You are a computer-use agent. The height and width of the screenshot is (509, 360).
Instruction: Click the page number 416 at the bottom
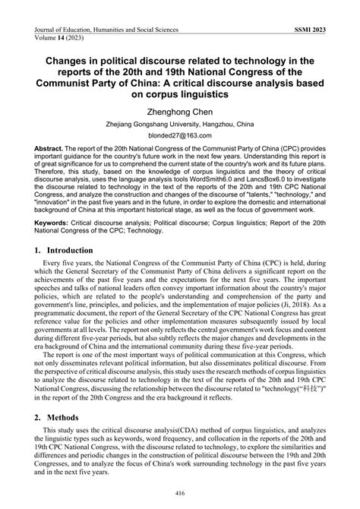coord(179,492)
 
